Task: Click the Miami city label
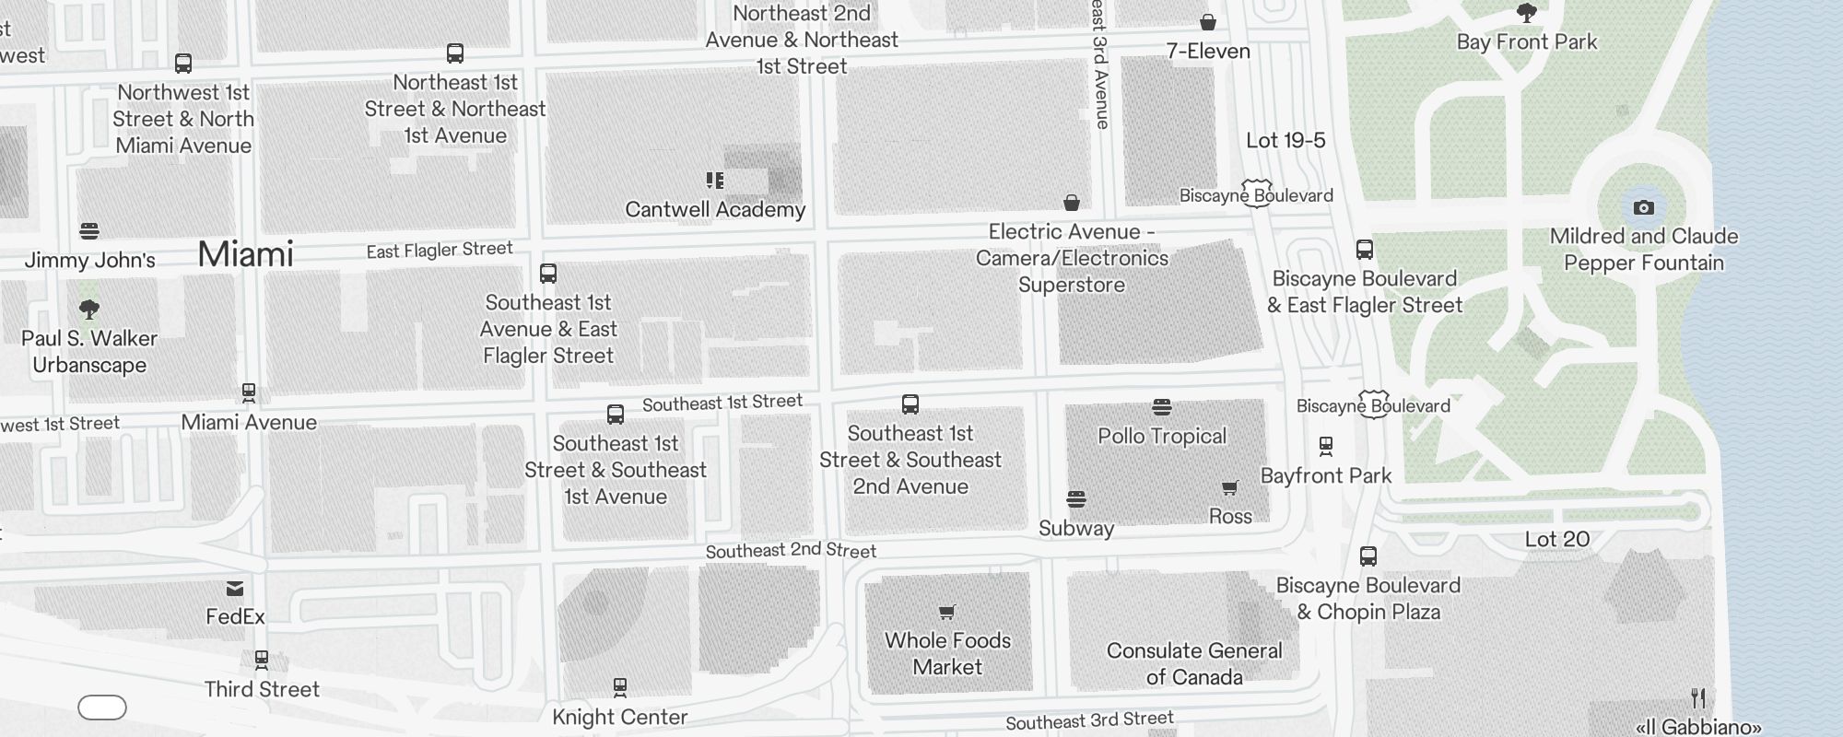(245, 254)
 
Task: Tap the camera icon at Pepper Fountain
(1643, 208)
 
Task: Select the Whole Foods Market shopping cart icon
(946, 612)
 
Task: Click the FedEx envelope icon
(235, 589)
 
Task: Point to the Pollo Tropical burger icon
(1161, 407)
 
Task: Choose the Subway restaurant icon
(1075, 499)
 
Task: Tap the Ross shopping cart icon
(1229, 487)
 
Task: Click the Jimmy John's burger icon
(89, 230)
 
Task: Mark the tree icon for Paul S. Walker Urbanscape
(89, 309)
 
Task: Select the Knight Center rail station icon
(620, 687)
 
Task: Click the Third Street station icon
(262, 660)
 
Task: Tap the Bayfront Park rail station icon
(1325, 447)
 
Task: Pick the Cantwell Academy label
(715, 210)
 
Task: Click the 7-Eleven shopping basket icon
(1207, 22)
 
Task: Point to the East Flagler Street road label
(439, 250)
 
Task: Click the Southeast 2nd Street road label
(791, 550)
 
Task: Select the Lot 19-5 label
(1285, 141)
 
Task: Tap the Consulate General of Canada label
(1194, 663)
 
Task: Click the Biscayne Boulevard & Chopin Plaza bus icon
(1368, 556)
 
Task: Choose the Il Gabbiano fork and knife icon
(1698, 697)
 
